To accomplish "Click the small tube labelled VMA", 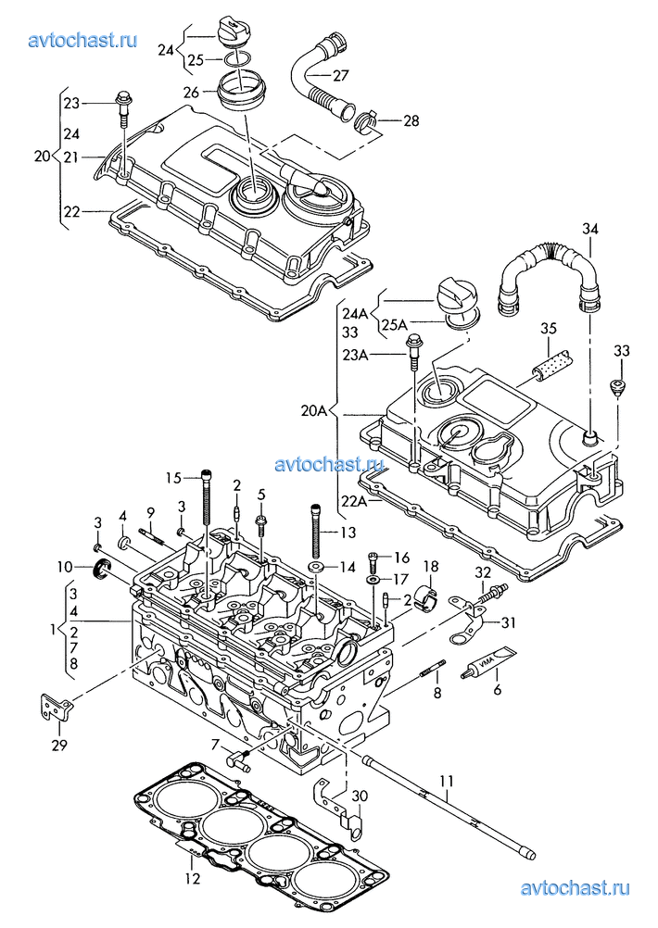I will [x=488, y=662].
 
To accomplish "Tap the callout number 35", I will [x=548, y=329].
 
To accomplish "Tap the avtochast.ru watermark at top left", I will [x=83, y=40].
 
